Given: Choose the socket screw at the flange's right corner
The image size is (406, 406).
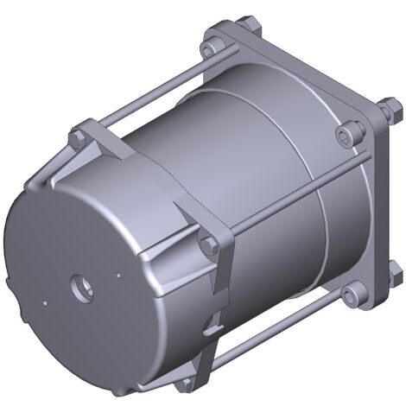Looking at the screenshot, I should pyautogui.click(x=348, y=132).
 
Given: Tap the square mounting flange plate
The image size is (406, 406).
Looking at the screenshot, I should pyautogui.click(x=302, y=78).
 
